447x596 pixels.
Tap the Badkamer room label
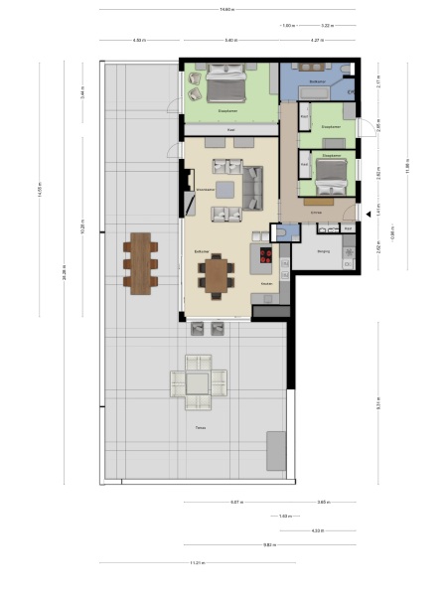[x=318, y=79]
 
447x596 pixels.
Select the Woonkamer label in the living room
[x=207, y=187]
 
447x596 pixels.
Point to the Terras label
[x=201, y=428]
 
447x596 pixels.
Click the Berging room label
[x=324, y=252]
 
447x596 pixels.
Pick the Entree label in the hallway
[x=316, y=213]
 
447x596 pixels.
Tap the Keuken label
[x=266, y=284]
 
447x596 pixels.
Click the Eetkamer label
[x=202, y=252]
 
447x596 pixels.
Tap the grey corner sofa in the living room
[x=252, y=186]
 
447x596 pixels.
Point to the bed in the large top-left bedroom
[x=229, y=86]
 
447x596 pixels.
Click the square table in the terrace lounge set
[x=198, y=381]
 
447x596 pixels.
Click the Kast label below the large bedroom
[x=230, y=129]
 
